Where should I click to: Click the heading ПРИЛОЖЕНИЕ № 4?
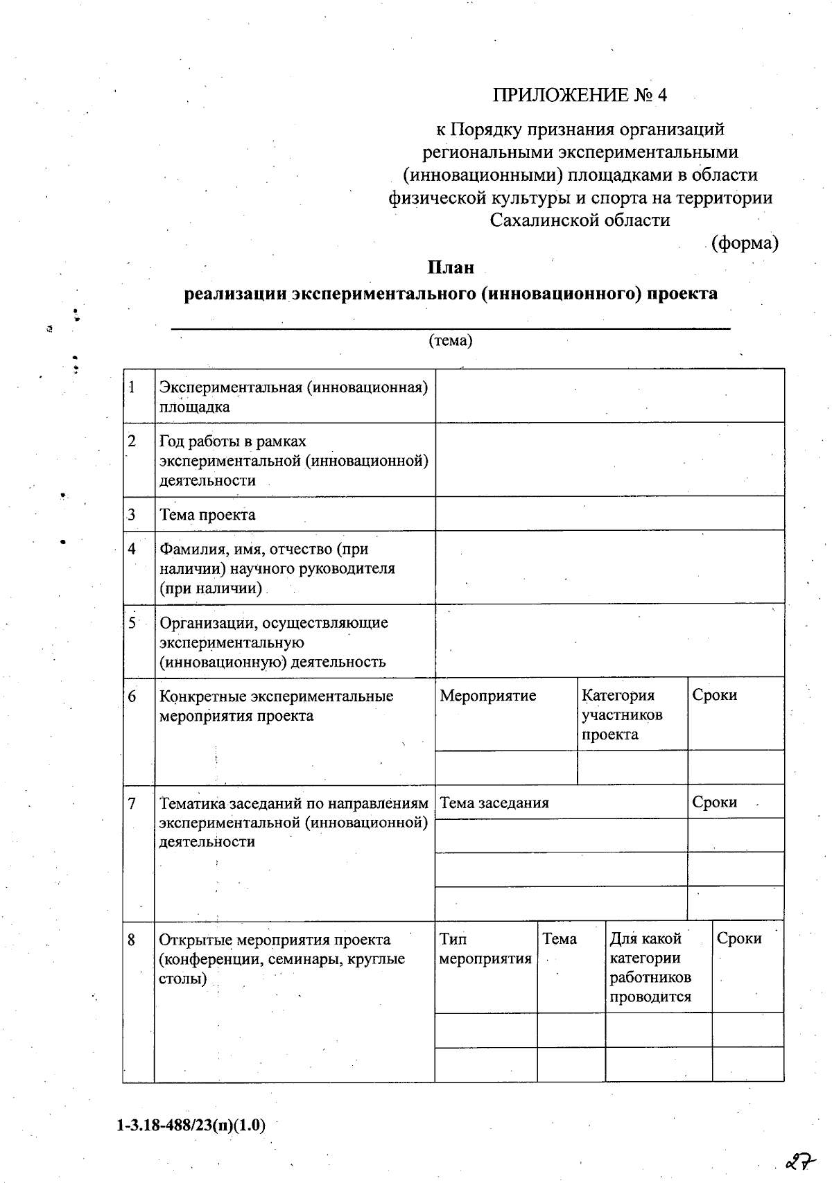click(580, 95)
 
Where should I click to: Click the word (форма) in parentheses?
click(745, 243)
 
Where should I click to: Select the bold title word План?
click(450, 267)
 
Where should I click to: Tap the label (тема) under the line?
click(451, 340)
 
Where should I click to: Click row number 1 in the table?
click(132, 387)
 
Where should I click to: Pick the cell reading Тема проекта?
click(207, 514)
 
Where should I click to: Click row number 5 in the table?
click(132, 622)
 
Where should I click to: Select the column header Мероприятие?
click(488, 695)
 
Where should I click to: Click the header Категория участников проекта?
click(621, 715)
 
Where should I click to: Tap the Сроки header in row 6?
click(714, 695)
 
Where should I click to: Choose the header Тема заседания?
click(494, 803)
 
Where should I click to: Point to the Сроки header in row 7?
click(714, 802)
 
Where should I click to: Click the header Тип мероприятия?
click(485, 949)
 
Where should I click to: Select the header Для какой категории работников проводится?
click(650, 967)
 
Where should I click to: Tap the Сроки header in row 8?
click(739, 938)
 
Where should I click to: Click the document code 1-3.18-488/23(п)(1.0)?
click(191, 1125)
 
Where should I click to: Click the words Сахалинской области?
click(580, 220)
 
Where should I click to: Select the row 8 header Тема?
click(559, 938)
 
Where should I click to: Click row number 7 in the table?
click(132, 803)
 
